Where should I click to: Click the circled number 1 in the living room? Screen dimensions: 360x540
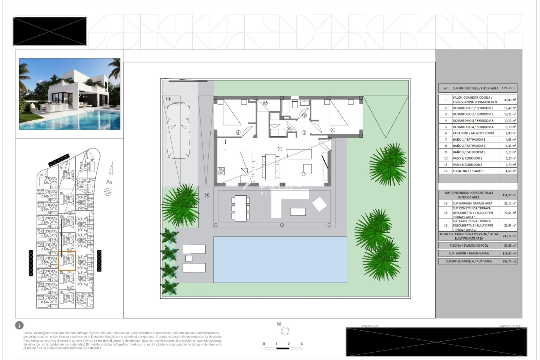click(280, 149)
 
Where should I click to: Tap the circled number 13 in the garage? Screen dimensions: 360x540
click(168, 99)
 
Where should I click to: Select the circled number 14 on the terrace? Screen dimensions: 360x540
click(207, 195)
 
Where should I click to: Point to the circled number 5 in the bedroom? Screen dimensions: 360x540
click(238, 132)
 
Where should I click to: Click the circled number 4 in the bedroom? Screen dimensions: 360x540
click(333, 130)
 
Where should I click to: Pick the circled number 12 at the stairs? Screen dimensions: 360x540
click(265, 103)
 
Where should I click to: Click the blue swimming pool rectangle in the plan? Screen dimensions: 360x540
click(280, 259)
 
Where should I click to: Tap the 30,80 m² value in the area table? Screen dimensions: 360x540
click(510, 100)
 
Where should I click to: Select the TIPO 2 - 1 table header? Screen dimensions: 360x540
click(508, 88)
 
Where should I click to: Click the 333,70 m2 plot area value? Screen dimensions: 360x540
click(509, 261)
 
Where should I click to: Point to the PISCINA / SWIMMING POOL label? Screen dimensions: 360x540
click(469, 246)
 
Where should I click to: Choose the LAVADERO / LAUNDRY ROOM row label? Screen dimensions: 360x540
click(473, 133)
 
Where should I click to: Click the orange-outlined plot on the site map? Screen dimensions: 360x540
click(67, 261)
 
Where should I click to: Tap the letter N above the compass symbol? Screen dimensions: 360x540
click(279, 324)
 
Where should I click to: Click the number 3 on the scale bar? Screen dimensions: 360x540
click(301, 344)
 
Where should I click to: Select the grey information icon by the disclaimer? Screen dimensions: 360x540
click(19, 326)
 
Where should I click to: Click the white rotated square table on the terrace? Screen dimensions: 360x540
click(319, 204)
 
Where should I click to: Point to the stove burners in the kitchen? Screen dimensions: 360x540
click(221, 171)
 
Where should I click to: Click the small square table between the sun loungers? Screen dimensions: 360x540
click(189, 258)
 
